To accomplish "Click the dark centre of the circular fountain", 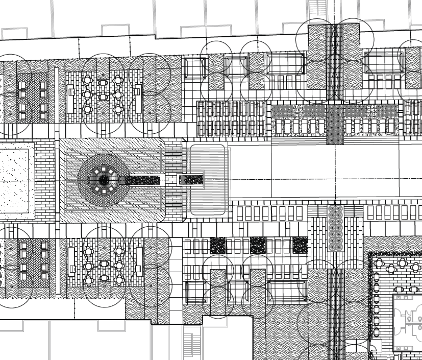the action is [104, 180].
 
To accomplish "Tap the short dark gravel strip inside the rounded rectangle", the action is [191, 180].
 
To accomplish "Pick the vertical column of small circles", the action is [335, 228].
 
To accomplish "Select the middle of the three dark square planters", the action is [257, 245].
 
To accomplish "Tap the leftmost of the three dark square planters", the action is [217, 245].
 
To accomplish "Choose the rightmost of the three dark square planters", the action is [300, 245].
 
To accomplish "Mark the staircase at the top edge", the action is [317, 8].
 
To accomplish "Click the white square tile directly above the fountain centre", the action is [104, 169].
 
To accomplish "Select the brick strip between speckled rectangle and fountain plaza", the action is [44, 180].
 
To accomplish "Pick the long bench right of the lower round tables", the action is [139, 261].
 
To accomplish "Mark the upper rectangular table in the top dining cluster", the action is [104, 81].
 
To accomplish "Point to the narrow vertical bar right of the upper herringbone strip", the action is [57, 92].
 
